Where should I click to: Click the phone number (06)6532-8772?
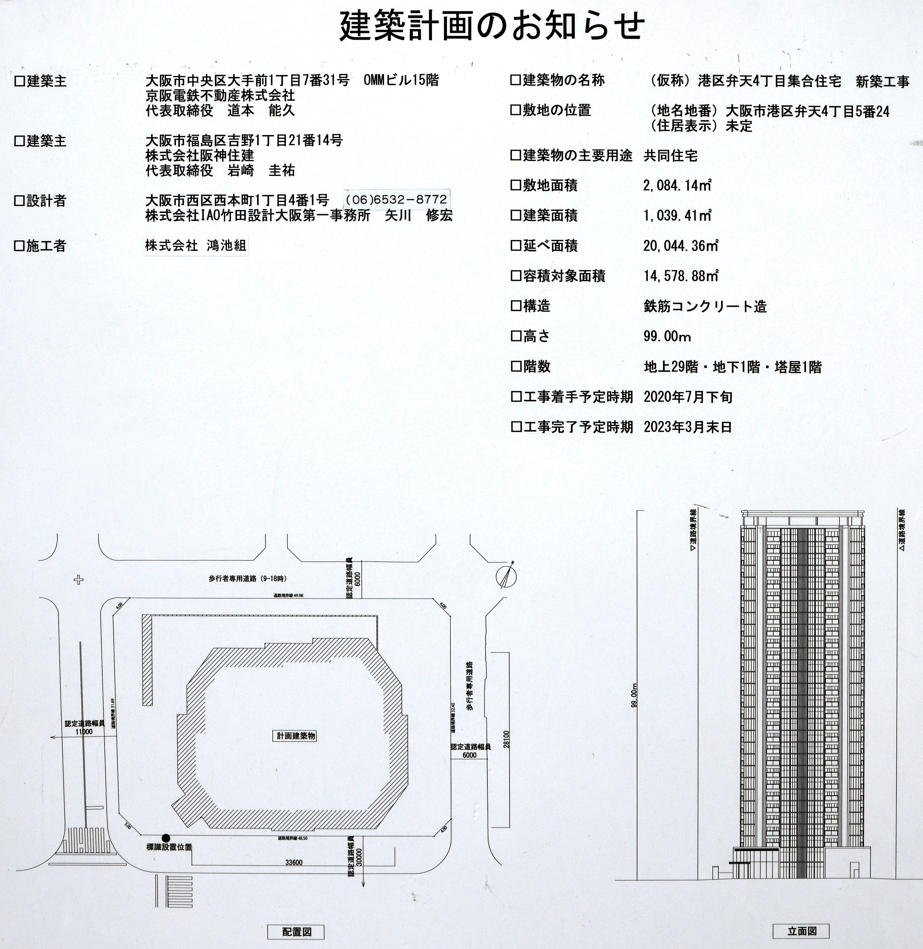pyautogui.click(x=396, y=199)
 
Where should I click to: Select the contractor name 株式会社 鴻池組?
pyautogui.click(x=196, y=246)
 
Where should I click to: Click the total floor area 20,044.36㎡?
pyautogui.click(x=681, y=246)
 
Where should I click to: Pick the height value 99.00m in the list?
pyautogui.click(x=667, y=336)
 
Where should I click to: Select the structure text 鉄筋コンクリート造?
pyautogui.click(x=705, y=306)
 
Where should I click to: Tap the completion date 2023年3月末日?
pyautogui.click(x=687, y=427)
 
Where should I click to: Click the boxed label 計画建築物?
pyautogui.click(x=296, y=736)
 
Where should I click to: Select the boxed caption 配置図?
pyautogui.click(x=296, y=932)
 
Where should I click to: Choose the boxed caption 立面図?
pyautogui.click(x=802, y=931)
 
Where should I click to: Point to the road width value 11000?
pyautogui.click(x=84, y=732)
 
